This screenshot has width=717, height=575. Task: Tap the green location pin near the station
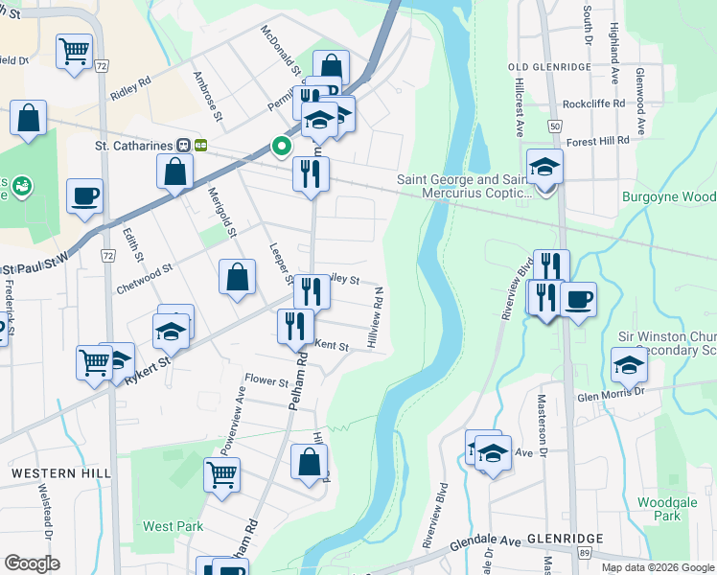pos(282,147)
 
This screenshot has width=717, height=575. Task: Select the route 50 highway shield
pos(555,126)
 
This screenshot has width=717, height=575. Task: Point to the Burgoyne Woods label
pos(669,197)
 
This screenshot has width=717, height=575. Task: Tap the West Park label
pos(173,526)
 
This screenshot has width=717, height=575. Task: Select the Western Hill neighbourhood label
pos(60,473)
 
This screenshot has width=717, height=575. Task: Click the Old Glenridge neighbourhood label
pos(553,66)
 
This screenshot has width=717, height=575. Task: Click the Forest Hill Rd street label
pos(597,140)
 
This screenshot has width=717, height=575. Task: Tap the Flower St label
pos(266,381)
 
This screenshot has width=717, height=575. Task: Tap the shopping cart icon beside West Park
pos(221,473)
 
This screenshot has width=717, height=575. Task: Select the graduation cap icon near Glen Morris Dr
pos(629,365)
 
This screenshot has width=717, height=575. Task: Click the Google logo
pos(32,563)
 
